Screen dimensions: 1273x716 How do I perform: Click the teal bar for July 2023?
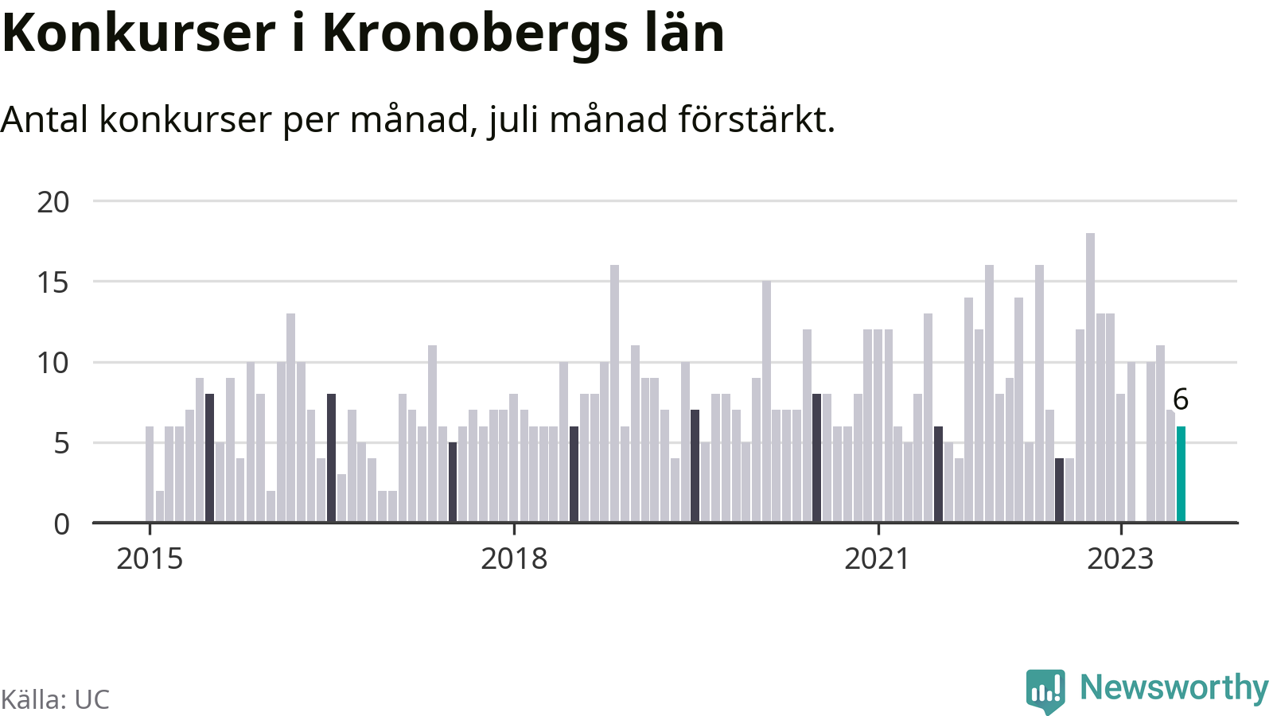coord(1181,474)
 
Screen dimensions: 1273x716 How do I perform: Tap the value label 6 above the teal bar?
coord(1181,400)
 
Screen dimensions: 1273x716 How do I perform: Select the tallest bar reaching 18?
coord(1090,377)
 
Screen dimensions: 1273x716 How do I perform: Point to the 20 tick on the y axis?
coord(53,202)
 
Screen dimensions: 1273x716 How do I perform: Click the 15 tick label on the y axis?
coord(53,282)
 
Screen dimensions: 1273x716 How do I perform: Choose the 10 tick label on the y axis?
coord(53,363)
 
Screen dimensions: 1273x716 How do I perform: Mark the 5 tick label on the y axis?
coord(61,443)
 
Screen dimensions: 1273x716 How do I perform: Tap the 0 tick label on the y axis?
coord(61,524)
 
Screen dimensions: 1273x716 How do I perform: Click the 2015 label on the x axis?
coord(150,558)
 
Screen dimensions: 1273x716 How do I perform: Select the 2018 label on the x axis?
coord(514,558)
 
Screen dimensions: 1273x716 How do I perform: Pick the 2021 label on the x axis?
coord(878,558)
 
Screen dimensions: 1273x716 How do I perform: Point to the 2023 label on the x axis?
coord(1121,558)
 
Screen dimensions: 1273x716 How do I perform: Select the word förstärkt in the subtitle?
coord(757,119)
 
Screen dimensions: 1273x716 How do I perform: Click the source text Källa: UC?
coord(55,699)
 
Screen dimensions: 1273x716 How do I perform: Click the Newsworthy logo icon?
coord(1045,691)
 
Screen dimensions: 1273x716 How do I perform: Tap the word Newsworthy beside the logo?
coord(1174,687)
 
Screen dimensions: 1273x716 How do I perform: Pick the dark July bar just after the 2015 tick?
coord(209,457)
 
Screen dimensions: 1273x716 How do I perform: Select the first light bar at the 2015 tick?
coord(150,474)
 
